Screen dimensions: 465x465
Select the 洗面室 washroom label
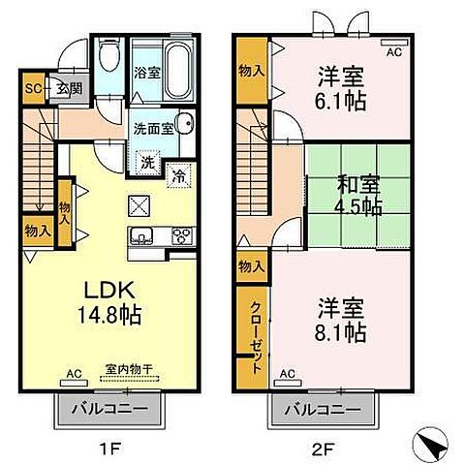tap(154, 127)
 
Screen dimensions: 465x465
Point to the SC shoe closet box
tap(33, 89)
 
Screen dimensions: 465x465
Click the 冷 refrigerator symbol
tap(180, 175)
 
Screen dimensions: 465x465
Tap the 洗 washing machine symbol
tap(147, 163)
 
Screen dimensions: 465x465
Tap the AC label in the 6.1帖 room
tap(394, 52)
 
